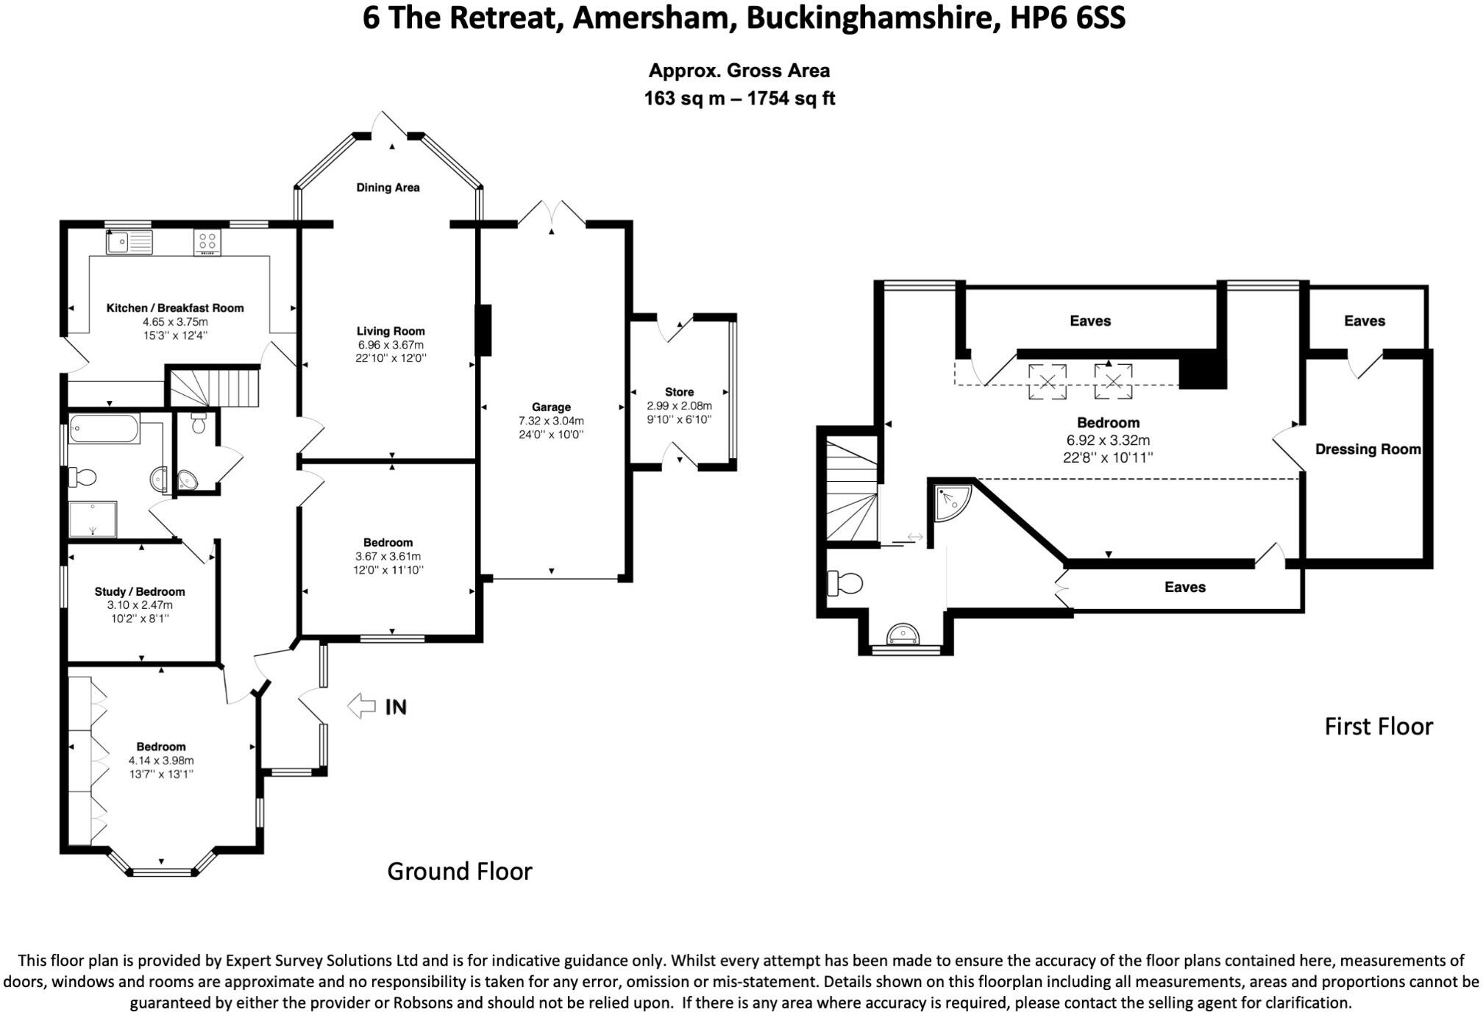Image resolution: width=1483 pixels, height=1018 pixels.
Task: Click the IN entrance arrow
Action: (361, 706)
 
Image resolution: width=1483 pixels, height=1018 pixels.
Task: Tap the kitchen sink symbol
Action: (129, 242)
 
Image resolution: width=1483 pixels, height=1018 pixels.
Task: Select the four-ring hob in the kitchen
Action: (207, 241)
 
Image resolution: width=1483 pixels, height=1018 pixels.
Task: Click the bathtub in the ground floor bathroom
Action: (104, 428)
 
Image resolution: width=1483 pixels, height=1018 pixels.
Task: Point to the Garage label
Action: (551, 407)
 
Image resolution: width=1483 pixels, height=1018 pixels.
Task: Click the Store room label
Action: (679, 392)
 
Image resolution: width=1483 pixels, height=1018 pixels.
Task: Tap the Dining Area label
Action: (388, 188)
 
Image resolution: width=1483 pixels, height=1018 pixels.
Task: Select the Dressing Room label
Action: (1368, 449)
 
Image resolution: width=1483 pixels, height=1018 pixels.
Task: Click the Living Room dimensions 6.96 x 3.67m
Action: (391, 345)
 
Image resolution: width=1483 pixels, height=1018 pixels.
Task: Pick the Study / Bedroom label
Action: (140, 591)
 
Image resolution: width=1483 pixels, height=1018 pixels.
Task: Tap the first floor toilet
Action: (844, 583)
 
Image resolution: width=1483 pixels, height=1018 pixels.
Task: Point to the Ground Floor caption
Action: (459, 871)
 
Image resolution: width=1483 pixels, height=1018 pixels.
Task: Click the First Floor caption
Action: (1379, 727)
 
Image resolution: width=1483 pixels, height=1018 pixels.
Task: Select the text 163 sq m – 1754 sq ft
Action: (739, 99)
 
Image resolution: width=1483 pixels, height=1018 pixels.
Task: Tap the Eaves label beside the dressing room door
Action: (1364, 321)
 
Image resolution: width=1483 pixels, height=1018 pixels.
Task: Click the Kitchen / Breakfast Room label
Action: (175, 308)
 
